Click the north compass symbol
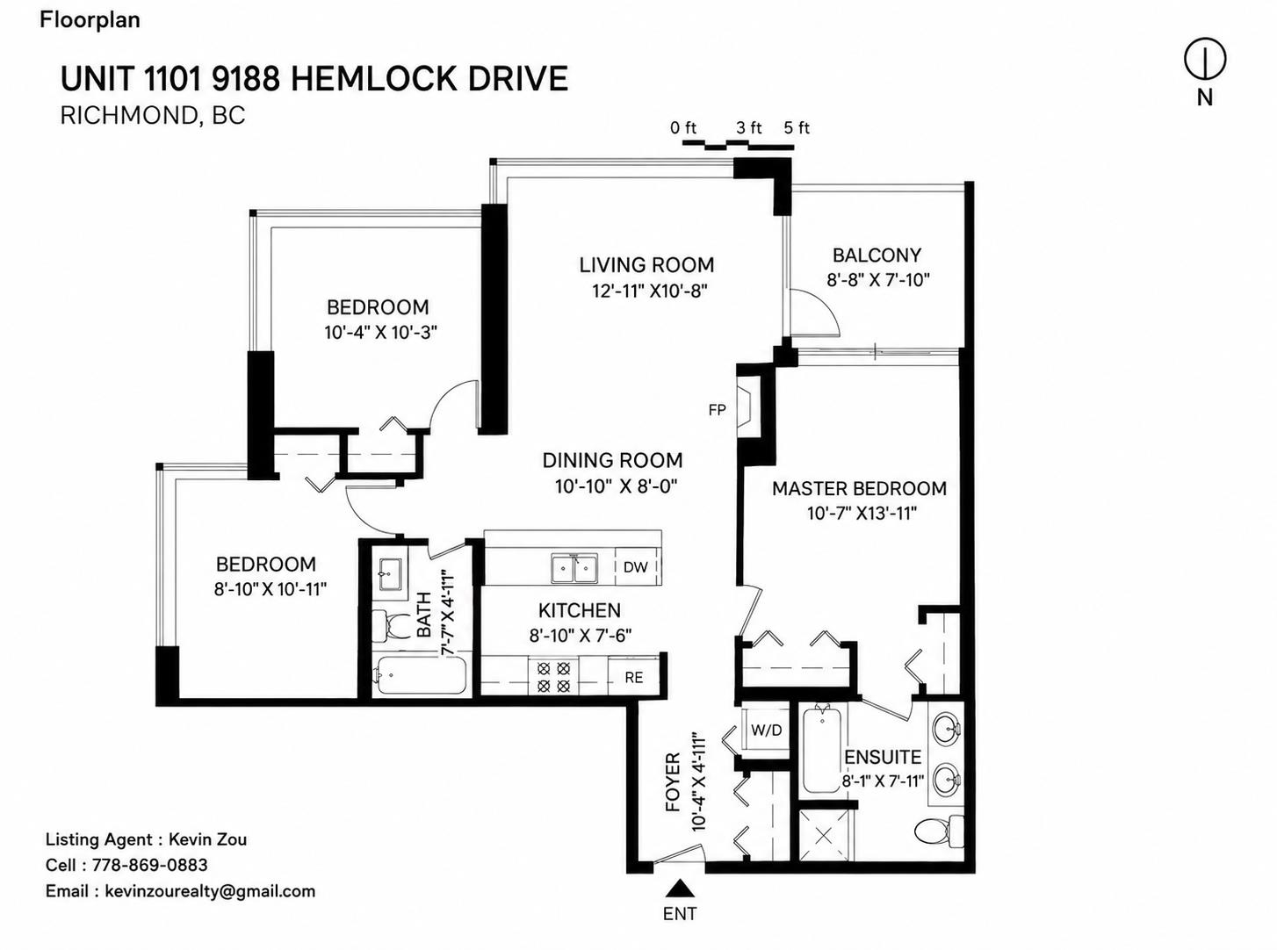click(1204, 59)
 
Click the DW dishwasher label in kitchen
click(635, 567)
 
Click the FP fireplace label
click(717, 410)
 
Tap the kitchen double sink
click(574, 569)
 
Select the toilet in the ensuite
click(939, 831)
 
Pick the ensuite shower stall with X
click(825, 836)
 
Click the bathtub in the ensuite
click(822, 751)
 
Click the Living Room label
click(646, 265)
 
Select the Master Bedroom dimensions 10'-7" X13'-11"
click(862, 513)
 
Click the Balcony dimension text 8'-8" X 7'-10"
click(878, 280)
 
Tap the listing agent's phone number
click(149, 865)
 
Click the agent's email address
click(210, 891)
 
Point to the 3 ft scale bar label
click(749, 127)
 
